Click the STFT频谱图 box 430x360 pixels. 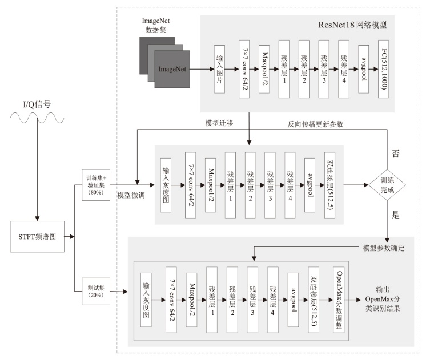37,236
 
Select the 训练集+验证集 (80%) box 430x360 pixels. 96,185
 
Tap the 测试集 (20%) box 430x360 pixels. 96,291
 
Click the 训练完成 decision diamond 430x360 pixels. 387,185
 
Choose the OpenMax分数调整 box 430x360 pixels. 339,300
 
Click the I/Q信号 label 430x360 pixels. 37,104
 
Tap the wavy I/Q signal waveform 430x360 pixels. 37,118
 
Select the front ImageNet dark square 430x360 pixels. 172,69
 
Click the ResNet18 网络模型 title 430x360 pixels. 352,25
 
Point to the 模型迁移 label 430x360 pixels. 219,123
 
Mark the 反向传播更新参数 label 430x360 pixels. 315,124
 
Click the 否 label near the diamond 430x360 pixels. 395,153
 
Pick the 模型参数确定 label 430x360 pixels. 384,248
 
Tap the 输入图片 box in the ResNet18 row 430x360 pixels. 219,69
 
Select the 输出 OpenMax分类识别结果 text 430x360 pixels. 383,299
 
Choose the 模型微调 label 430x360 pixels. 131,195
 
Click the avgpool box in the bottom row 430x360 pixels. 293,300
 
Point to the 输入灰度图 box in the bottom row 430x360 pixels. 146,300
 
